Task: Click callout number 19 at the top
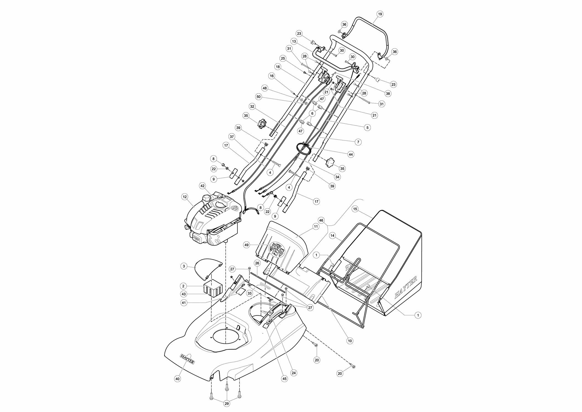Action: click(380, 14)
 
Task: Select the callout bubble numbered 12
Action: click(185, 197)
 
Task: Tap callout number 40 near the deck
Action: click(178, 379)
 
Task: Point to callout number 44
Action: click(351, 154)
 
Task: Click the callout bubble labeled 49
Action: click(247, 245)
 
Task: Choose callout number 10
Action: click(350, 341)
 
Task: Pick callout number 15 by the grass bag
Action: click(355, 209)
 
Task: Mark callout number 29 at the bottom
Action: click(226, 404)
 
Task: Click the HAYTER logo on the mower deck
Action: click(187, 359)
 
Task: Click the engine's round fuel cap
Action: click(207, 198)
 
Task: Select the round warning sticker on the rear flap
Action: click(277, 249)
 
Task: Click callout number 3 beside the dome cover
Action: click(184, 266)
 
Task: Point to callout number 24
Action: click(294, 373)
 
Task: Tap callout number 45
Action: click(284, 379)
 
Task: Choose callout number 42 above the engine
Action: click(202, 186)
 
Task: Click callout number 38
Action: click(388, 93)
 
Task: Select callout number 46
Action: click(321, 220)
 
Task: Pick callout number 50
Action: click(259, 97)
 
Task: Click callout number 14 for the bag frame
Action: click(332, 236)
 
